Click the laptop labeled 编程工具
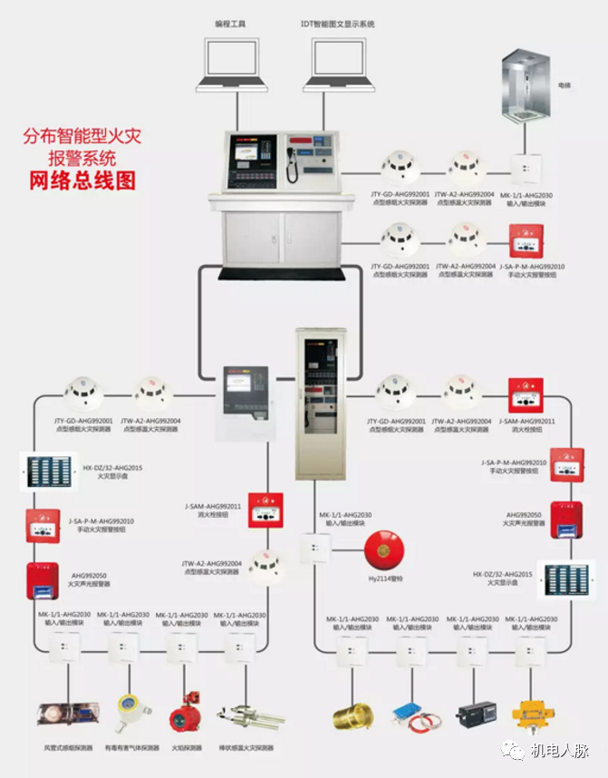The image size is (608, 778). pos(236,63)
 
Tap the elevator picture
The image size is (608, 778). pos(526,87)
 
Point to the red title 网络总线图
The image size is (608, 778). pos(82,180)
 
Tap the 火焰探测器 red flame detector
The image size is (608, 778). pos(185,715)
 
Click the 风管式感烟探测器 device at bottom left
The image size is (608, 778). pos(62,715)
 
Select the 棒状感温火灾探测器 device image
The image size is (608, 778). pos(245,715)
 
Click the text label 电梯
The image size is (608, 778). pos(565,85)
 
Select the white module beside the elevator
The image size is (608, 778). pos(526,170)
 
